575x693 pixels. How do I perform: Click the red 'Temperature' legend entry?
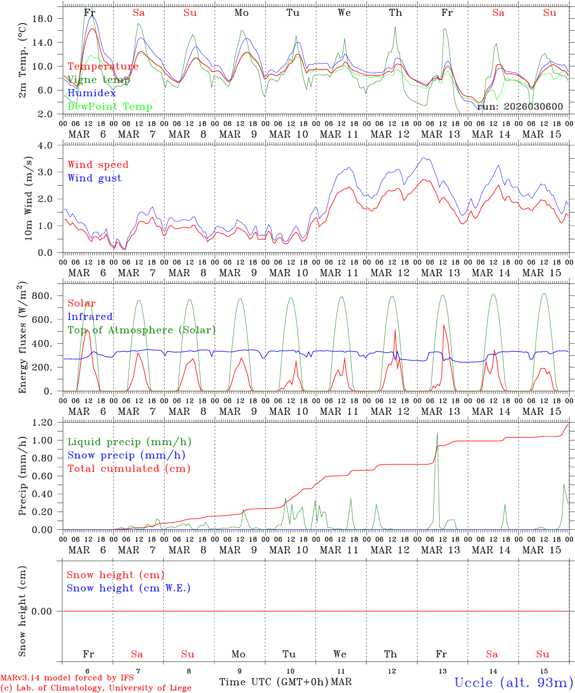[103, 66]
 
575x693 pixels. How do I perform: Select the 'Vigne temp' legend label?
[99, 80]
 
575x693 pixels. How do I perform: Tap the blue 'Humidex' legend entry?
[92, 93]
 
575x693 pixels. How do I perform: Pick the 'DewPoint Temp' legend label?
[110, 107]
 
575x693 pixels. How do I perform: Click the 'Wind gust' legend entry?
[94, 178]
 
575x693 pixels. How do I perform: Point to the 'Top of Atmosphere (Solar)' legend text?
[142, 330]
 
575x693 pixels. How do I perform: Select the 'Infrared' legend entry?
[90, 317]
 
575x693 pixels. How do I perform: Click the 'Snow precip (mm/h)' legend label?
[126, 455]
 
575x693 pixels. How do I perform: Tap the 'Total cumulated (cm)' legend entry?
[129, 469]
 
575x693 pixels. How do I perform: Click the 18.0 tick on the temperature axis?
[42, 18]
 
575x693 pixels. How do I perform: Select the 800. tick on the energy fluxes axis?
[42, 295]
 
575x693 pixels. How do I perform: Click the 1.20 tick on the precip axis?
[42, 423]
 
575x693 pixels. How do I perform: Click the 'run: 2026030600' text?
[520, 107]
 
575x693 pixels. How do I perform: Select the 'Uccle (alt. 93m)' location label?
[514, 682]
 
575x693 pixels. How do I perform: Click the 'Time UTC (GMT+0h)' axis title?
[274, 682]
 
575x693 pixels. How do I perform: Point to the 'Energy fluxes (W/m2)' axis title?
[22, 338]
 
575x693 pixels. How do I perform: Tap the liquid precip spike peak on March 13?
[437, 433]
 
